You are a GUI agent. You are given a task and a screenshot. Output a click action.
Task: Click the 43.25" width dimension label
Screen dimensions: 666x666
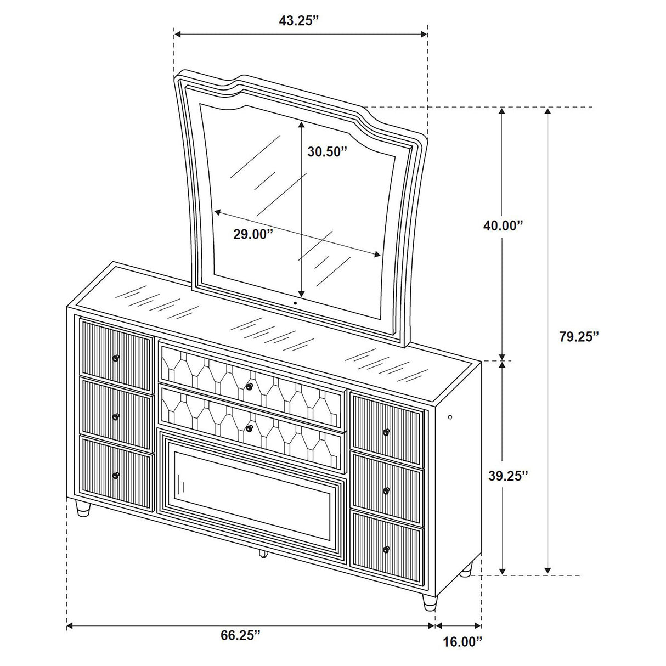point(300,21)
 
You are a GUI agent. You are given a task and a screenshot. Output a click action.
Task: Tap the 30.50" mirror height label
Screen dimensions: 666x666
point(328,152)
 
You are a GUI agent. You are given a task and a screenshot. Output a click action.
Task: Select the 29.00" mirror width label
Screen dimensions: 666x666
point(253,234)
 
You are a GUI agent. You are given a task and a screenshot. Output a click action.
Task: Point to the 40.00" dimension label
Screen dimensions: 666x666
point(503,225)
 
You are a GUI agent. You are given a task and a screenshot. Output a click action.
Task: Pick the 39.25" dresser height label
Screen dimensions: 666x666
point(508,475)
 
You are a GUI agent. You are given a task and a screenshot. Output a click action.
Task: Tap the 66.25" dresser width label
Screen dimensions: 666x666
point(240,651)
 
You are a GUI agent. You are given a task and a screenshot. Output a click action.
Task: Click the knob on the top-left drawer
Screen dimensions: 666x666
point(116,358)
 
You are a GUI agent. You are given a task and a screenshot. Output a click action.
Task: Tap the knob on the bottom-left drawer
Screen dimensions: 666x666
point(116,475)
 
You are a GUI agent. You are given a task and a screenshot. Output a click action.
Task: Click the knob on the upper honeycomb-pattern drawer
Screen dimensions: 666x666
point(249,387)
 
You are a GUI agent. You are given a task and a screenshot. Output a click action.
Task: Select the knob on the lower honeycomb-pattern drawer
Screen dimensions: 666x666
point(249,428)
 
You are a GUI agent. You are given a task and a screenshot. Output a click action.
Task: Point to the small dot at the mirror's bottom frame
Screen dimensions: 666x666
point(295,302)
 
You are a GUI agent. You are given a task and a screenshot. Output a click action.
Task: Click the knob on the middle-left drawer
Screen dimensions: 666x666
point(116,417)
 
